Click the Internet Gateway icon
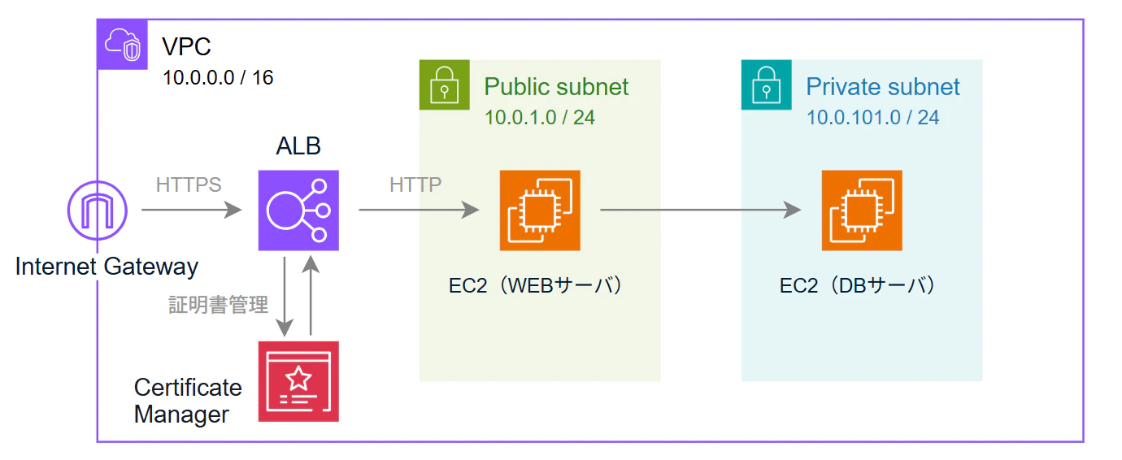tap(98, 210)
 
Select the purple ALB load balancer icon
tap(298, 210)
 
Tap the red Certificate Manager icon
tap(298, 381)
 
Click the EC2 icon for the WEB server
tap(540, 210)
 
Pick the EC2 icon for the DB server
tap(862, 210)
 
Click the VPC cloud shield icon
tap(123, 45)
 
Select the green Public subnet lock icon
tap(444, 85)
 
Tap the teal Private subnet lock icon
tap(767, 85)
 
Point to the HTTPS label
tap(189, 184)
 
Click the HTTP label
tap(415, 184)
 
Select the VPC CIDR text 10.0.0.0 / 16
tap(218, 77)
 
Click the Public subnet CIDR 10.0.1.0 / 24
tap(540, 118)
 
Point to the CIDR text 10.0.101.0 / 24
tap(872, 118)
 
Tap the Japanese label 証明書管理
tap(219, 305)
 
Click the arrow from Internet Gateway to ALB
tap(192, 210)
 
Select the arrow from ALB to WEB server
tap(420, 210)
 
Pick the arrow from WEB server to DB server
tap(701, 210)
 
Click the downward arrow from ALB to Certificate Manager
tap(285, 297)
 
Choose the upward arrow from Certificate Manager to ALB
tap(311, 295)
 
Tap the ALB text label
tap(298, 146)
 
